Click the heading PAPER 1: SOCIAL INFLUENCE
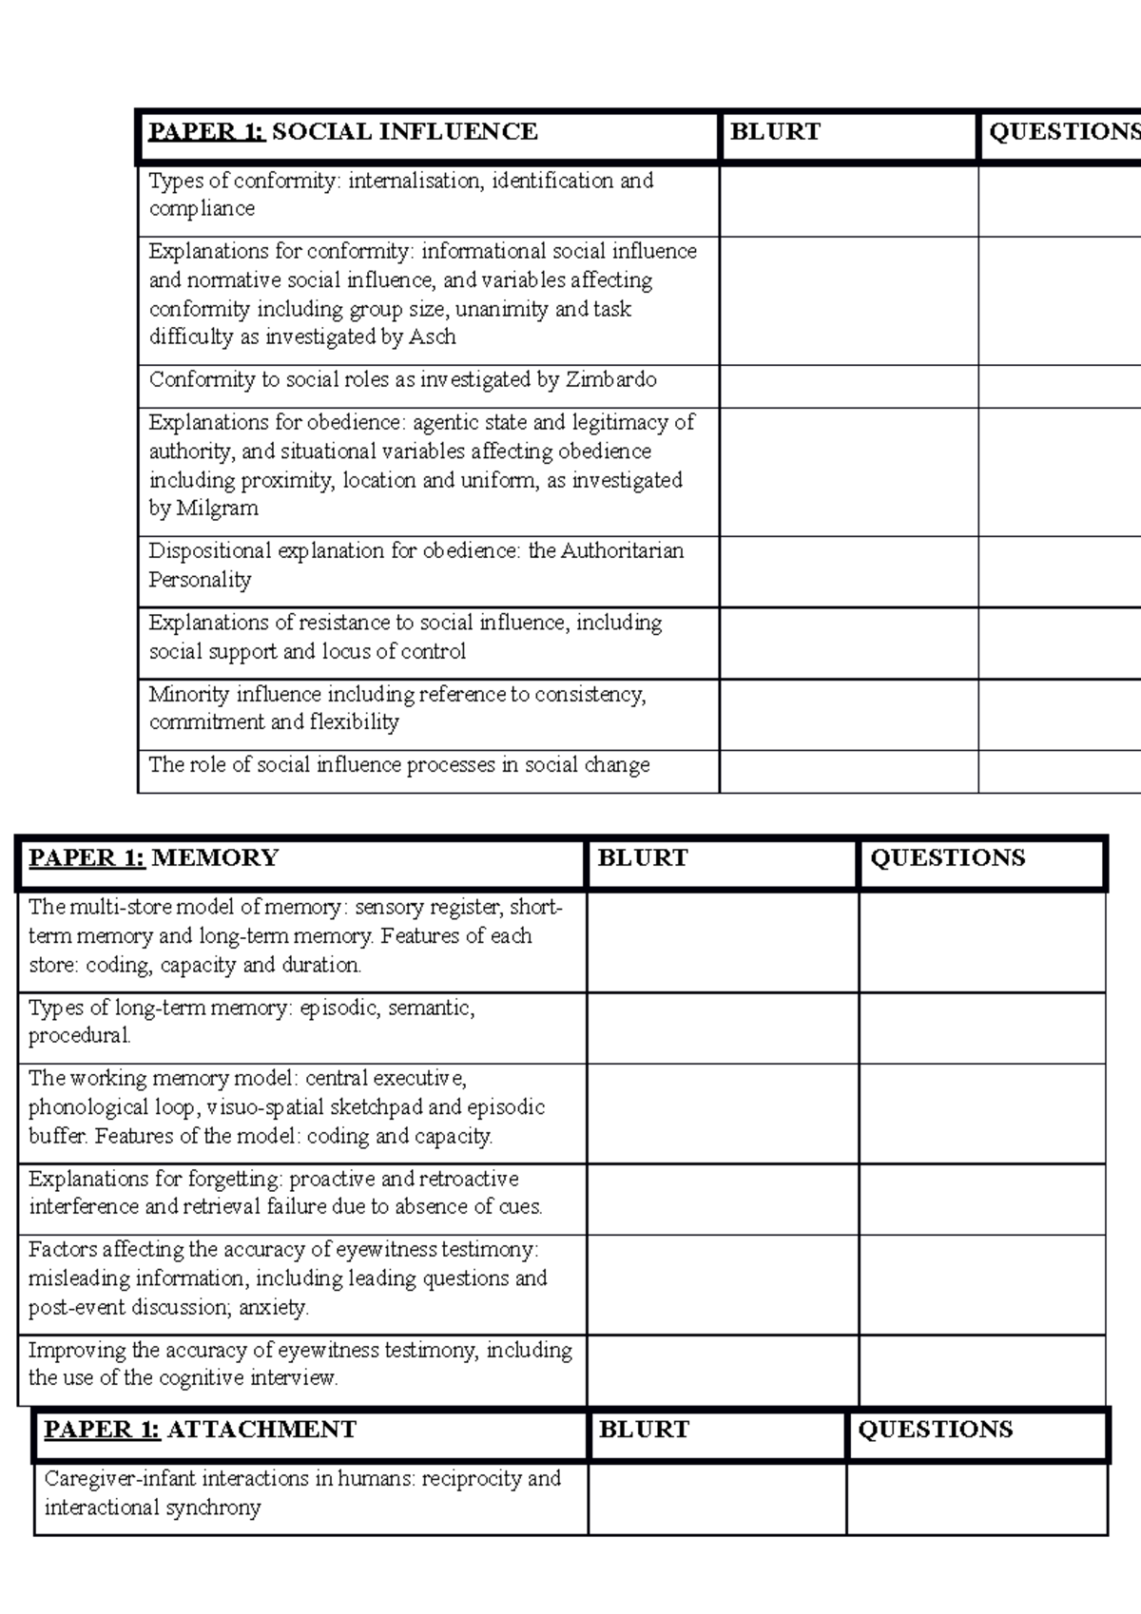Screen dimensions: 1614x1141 coord(343,131)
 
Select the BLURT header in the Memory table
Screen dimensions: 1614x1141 coord(643,857)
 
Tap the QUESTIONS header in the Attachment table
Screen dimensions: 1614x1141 coord(936,1430)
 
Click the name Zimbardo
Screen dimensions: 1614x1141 coord(610,379)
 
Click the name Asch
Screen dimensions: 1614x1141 coord(432,336)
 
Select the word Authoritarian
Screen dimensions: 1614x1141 coord(622,550)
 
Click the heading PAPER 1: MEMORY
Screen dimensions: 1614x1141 coord(154,857)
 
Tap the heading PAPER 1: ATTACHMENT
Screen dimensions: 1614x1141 coord(200,1430)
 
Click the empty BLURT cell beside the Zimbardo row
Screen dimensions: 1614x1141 coord(848,387)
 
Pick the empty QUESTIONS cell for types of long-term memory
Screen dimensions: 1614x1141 coord(981,1028)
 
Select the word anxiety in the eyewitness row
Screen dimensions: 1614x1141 coord(273,1307)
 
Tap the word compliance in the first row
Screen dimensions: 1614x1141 coord(202,208)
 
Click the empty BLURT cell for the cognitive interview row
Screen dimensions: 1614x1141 coord(723,1370)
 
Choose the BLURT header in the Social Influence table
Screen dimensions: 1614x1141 coord(775,131)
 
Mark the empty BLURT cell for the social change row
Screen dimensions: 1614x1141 coord(848,771)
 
